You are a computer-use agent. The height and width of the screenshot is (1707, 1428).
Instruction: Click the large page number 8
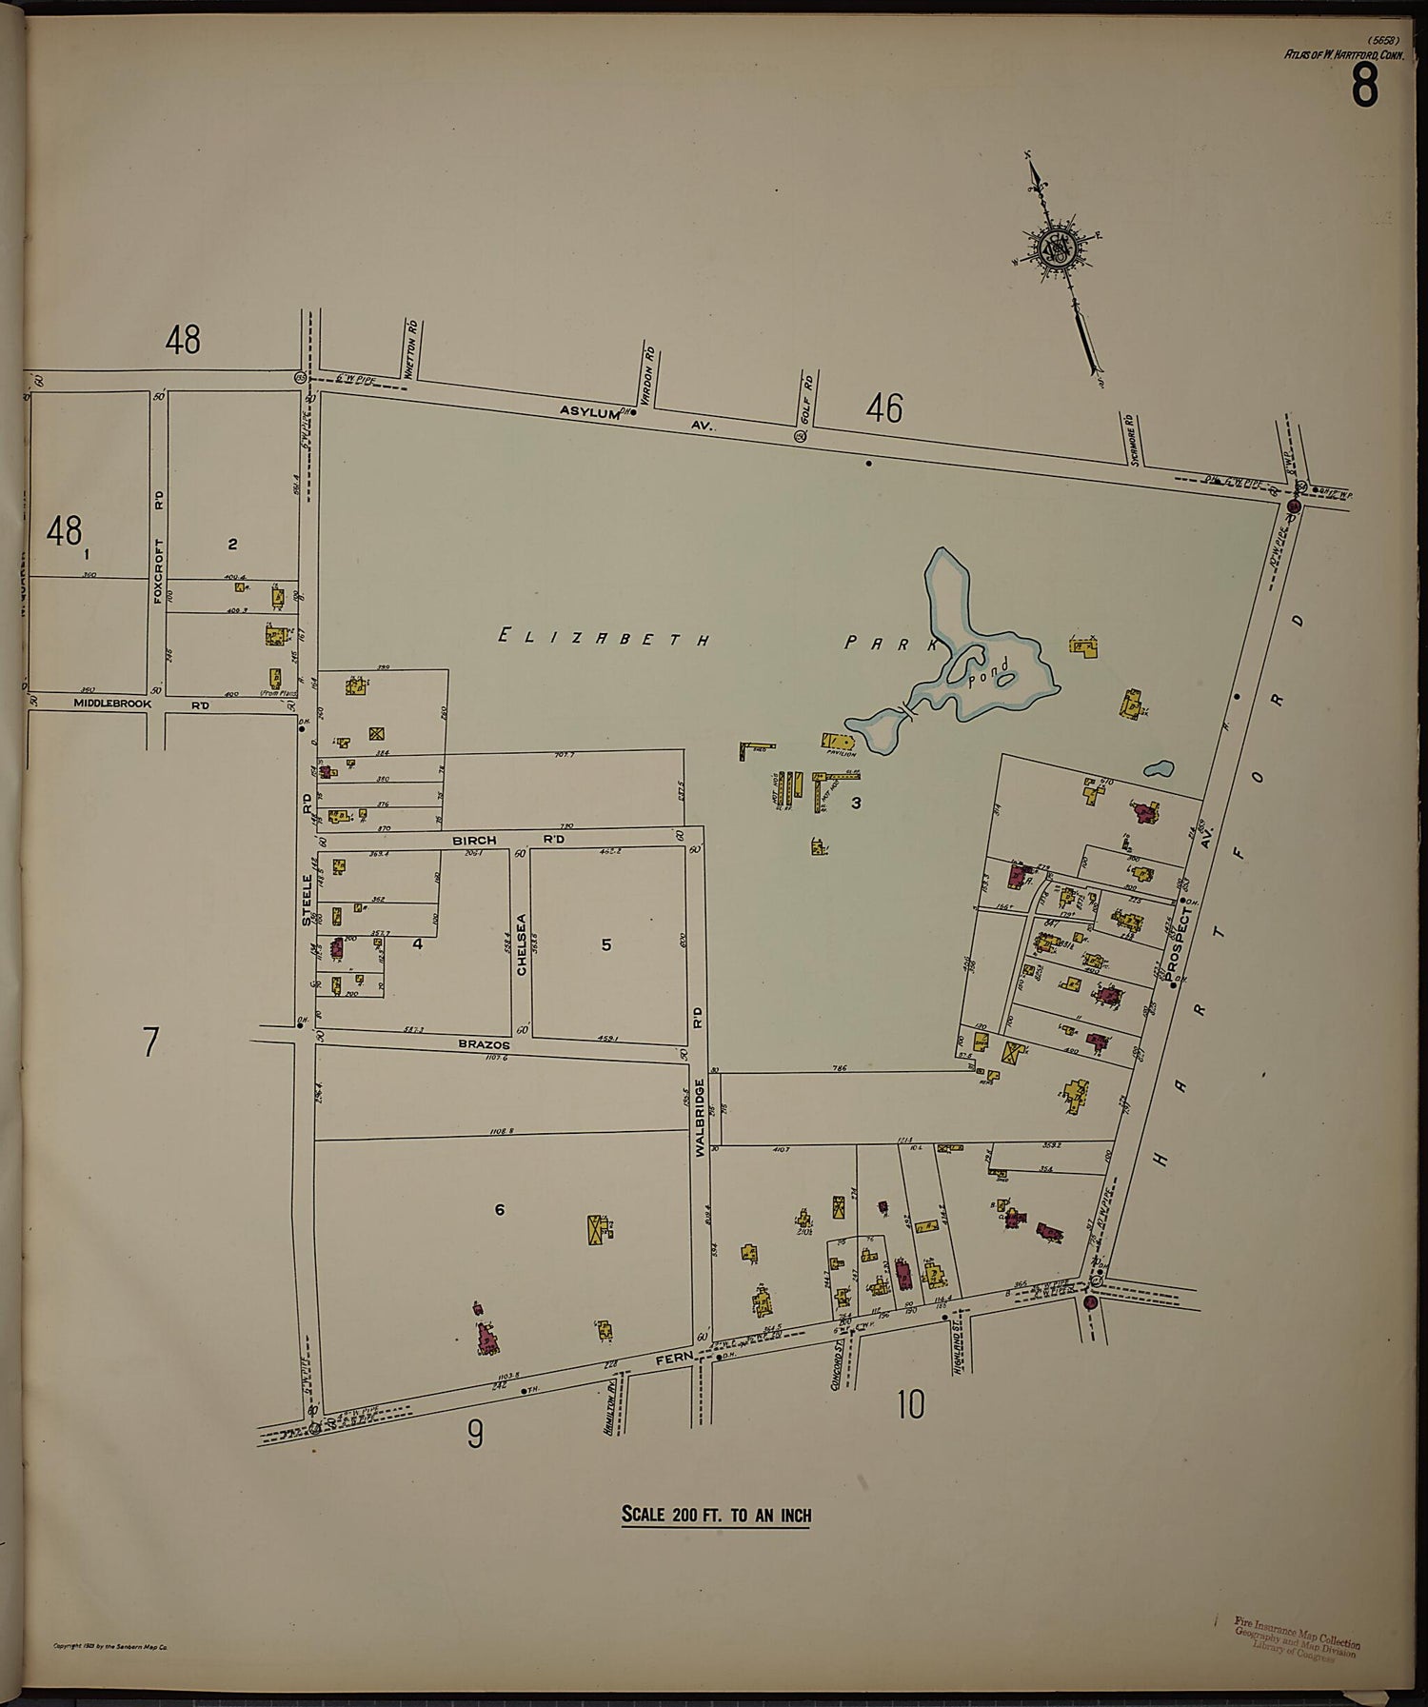point(1363,88)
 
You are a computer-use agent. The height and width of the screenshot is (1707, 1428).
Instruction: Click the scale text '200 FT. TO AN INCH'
point(716,1514)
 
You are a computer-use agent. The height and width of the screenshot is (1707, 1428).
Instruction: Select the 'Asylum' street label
point(589,412)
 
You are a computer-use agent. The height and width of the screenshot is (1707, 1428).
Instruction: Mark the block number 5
point(605,945)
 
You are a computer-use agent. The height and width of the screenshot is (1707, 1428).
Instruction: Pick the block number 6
point(499,1210)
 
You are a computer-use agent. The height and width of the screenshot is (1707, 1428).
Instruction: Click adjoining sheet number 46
point(883,409)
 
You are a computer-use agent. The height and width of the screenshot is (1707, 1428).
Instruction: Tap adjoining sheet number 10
point(910,1405)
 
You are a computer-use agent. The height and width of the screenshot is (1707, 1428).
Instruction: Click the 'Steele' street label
point(307,900)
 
